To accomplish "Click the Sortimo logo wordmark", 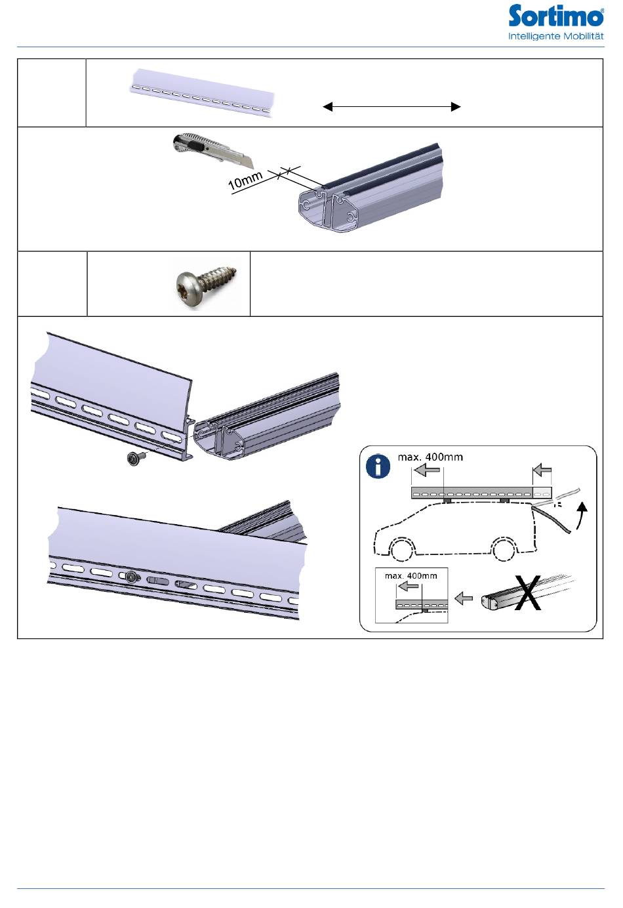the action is point(555,16).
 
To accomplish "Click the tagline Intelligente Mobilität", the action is point(555,36).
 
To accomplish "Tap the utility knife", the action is point(214,150).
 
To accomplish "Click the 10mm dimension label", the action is point(245,181).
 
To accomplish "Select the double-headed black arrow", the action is point(392,106).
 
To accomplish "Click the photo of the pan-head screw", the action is point(207,283).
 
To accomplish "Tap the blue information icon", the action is point(378,466).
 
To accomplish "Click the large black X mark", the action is point(528,592).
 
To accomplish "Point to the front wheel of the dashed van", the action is point(401,550).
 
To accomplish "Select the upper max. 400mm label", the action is point(430,457).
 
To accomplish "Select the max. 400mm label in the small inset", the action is point(411,575).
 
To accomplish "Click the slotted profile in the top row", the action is point(202,93).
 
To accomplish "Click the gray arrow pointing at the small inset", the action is point(464,598).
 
